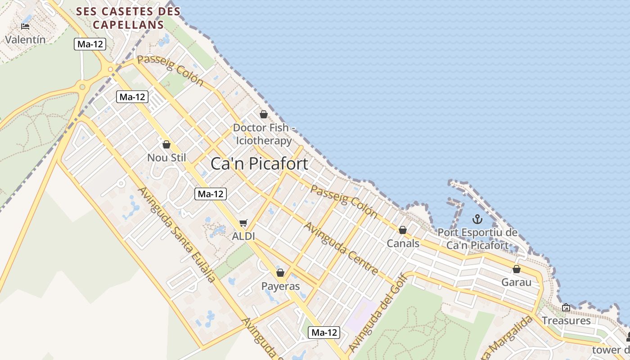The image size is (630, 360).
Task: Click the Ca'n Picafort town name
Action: (x=260, y=163)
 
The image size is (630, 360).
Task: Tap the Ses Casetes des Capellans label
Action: (x=128, y=18)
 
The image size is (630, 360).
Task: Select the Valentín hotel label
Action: (x=25, y=40)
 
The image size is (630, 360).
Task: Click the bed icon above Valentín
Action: (x=25, y=27)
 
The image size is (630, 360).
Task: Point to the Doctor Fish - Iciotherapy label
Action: (x=264, y=134)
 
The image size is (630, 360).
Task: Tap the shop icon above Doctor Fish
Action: (x=264, y=114)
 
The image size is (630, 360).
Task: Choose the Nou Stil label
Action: (x=166, y=157)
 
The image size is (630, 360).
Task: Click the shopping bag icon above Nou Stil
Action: (x=166, y=144)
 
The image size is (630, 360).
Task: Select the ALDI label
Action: (x=243, y=236)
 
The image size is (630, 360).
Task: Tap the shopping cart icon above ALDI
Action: (x=243, y=223)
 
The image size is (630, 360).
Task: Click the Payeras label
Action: (x=280, y=286)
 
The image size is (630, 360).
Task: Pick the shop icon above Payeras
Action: (x=280, y=273)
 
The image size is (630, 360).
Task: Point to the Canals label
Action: (x=403, y=243)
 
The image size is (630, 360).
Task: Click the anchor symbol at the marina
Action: (x=477, y=220)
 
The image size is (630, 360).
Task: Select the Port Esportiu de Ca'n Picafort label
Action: (x=477, y=239)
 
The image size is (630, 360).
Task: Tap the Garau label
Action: (x=517, y=282)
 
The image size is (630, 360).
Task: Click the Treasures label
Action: (x=566, y=320)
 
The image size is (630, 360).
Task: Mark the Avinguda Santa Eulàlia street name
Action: (x=176, y=234)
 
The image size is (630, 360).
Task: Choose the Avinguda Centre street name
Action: (x=341, y=248)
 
